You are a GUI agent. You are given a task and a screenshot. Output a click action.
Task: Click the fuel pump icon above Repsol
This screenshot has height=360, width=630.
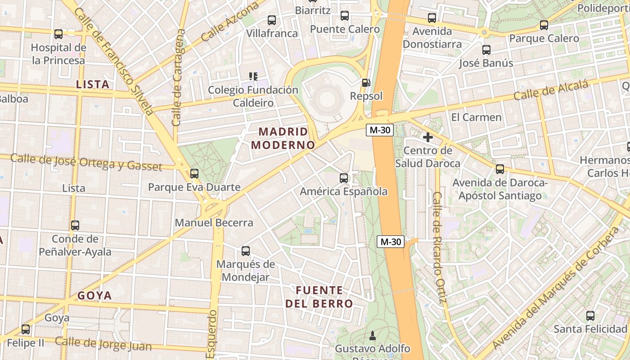366,83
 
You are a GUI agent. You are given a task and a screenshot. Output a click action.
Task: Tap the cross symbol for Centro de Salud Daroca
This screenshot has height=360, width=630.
427,137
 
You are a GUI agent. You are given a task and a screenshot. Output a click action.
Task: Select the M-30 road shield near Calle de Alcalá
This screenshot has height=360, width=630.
380,130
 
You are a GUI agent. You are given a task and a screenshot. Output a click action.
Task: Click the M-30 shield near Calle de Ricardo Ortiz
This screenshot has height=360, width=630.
391,242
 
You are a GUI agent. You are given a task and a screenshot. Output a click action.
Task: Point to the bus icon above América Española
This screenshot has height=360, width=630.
344,178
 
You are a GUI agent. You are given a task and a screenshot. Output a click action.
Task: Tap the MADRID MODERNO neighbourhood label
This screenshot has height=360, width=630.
283,138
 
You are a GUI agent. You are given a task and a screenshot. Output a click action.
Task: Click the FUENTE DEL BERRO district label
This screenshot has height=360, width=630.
319,297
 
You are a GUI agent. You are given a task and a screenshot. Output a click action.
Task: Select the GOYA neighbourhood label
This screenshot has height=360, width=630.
94,296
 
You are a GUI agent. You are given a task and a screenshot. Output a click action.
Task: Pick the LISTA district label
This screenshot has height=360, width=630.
93,84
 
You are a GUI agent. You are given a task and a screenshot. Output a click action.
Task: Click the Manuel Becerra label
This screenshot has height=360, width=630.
214,223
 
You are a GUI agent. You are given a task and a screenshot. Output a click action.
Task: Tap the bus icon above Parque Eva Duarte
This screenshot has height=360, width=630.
194,173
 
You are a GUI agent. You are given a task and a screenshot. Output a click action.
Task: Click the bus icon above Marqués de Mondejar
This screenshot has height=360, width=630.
246,251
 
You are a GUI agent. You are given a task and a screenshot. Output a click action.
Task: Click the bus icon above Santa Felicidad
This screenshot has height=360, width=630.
590,316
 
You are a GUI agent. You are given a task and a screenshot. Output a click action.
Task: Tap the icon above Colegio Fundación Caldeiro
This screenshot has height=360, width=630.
253,76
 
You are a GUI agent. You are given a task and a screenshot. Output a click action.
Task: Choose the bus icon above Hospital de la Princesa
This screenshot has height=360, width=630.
58,34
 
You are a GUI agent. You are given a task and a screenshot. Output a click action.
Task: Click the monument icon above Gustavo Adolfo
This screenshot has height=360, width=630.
372,335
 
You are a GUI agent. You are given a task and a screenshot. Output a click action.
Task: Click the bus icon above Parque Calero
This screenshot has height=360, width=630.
544,25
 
